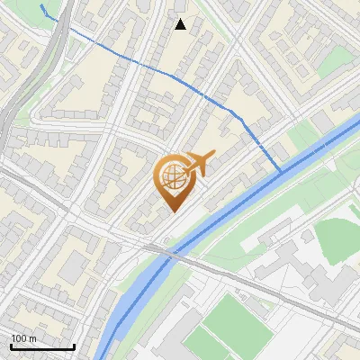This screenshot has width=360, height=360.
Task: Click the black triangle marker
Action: (x=181, y=24)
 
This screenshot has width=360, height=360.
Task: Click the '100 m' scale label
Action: (x=23, y=338)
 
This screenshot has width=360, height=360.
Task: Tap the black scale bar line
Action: (x=42, y=347)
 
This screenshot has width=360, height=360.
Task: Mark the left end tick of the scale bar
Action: (x=11, y=346)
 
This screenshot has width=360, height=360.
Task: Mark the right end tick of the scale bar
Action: (x=74, y=346)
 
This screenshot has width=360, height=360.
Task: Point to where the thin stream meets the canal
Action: (x=281, y=169)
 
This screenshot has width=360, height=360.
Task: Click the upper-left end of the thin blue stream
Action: (x=41, y=6)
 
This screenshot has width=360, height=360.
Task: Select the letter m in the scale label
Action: (x=33, y=338)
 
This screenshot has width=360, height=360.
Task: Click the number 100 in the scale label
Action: (x=19, y=338)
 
